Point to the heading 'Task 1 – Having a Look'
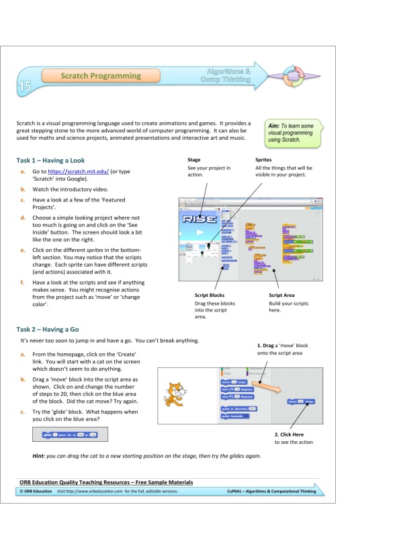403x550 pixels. coord(51,161)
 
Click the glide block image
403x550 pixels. coord(69,435)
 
